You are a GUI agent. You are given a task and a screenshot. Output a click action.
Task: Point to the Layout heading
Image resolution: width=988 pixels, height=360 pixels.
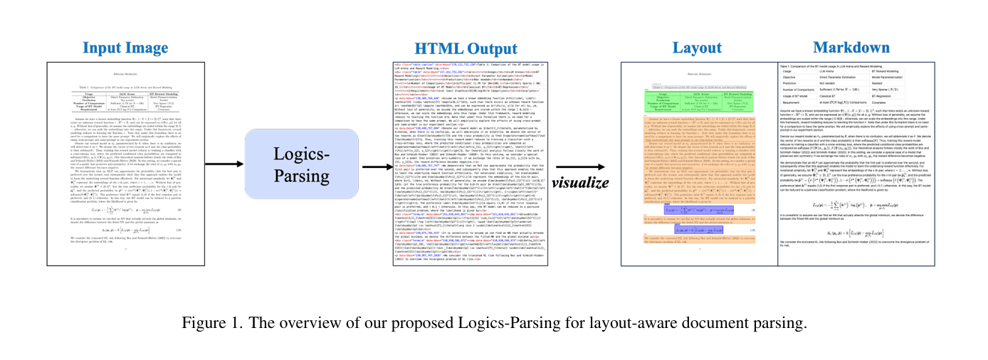click(x=698, y=48)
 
